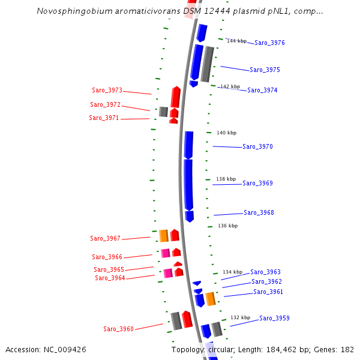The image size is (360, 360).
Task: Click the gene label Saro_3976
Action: click(269, 43)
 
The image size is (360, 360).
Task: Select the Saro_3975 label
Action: click(265, 70)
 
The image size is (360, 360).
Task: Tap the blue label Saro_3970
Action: click(257, 147)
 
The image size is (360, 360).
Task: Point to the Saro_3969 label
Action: click(257, 184)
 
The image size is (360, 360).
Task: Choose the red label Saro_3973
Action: click(107, 91)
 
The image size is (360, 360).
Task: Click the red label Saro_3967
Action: click(105, 239)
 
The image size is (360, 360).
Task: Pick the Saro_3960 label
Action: click(118, 329)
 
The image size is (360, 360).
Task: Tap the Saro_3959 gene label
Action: click(274, 318)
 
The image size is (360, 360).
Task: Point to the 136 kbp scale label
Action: click(227, 226)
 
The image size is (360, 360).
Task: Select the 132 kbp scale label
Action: click(240, 318)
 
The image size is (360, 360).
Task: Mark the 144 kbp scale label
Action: click(236, 41)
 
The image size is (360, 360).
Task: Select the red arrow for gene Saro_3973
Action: click(175, 97)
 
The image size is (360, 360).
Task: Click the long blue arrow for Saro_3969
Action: click(188, 184)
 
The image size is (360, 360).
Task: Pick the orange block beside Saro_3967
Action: click(163, 236)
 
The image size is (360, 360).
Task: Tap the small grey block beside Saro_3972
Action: click(163, 112)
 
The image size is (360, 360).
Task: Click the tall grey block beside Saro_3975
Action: click(207, 64)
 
